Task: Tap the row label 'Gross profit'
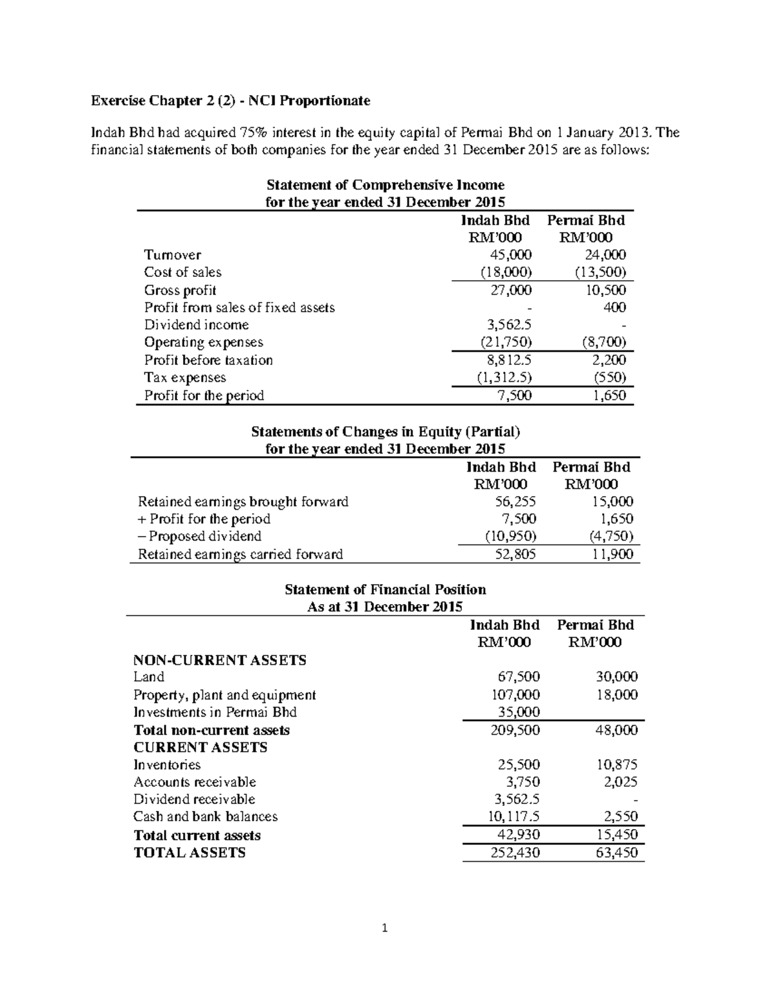tap(180, 290)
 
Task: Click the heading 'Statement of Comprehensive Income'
tap(385, 185)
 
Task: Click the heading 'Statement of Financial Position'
tap(385, 590)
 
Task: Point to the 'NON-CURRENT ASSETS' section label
tap(220, 660)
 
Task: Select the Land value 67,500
tap(518, 677)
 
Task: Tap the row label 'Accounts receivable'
tap(195, 782)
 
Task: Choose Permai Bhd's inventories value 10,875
tap(616, 765)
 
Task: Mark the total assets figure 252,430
tap(515, 853)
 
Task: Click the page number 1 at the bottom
tap(385, 928)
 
